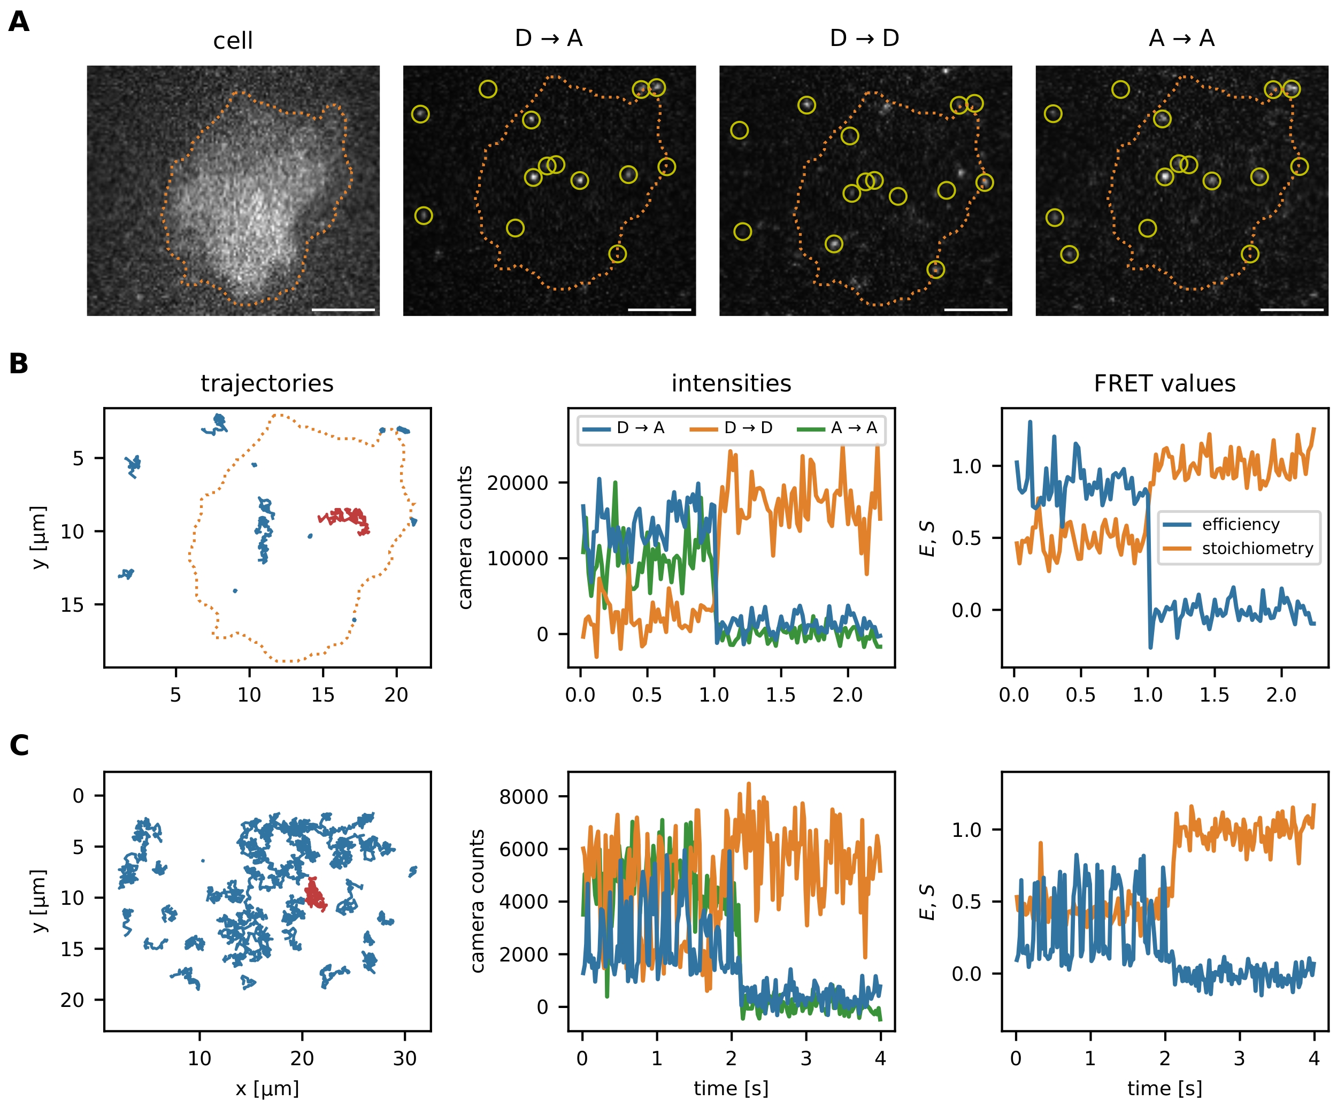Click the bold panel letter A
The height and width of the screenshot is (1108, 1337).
19,22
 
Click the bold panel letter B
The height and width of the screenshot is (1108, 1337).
19,364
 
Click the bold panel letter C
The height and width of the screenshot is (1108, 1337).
19,745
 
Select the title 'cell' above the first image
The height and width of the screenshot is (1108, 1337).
233,41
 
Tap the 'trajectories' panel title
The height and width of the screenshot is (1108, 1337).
267,383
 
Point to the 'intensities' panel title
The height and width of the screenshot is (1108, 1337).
731,383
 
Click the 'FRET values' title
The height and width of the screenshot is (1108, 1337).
1164,383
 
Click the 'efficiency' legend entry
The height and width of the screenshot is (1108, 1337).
1240,524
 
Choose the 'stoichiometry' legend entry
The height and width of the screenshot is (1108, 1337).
1257,548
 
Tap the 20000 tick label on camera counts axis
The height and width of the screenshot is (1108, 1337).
517,483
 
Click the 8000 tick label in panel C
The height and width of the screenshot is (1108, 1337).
524,797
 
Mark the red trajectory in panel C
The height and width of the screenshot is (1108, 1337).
314,893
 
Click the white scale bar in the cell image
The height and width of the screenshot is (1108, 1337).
343,311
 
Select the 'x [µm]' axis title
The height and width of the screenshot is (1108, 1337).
267,1088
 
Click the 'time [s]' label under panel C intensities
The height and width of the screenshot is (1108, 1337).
731,1088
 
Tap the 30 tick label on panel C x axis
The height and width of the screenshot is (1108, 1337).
404,1058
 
